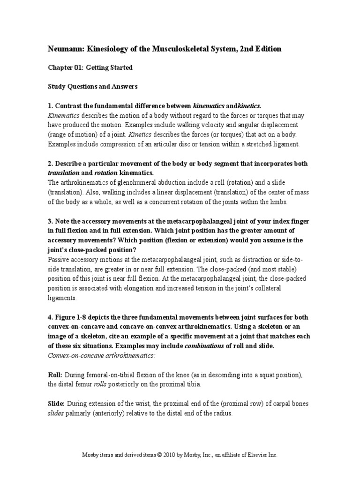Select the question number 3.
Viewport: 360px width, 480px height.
(50, 221)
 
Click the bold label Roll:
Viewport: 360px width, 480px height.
(55, 375)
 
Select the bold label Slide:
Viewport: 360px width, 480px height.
(56, 404)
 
